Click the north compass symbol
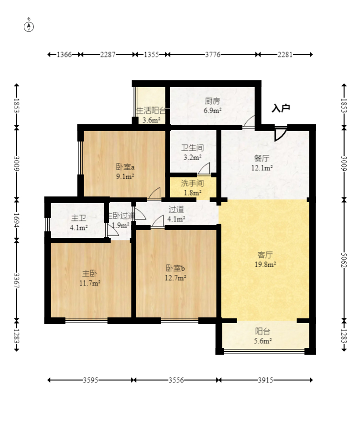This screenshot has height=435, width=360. pos(29,26)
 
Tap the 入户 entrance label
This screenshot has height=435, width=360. pos(281,109)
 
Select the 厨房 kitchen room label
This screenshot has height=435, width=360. pos(213,101)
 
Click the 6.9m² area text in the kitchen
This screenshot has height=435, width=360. pos(213,110)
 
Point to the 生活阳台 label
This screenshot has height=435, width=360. pos(151,111)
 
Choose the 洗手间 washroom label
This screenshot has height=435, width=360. pos(193,183)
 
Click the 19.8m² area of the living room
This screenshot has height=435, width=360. pos(266,263)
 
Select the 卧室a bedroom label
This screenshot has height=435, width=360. pos(125,167)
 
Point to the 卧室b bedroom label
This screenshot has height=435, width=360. pos(175,268)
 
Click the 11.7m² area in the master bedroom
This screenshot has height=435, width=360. pos(90,283)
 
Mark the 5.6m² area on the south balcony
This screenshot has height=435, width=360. pos(262,341)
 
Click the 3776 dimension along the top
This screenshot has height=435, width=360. pos(212,54)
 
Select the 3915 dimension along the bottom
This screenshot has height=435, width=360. pos(265,381)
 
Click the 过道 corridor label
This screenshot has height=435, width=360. pos(175,209)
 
